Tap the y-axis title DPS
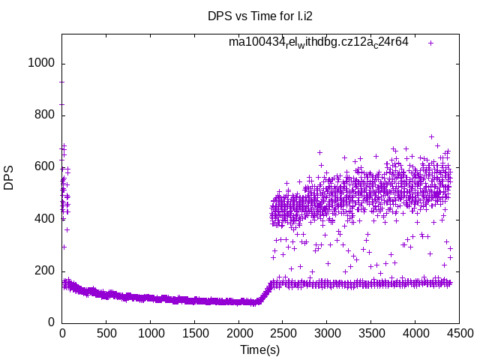9,178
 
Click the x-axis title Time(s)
260,349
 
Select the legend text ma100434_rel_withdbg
319,42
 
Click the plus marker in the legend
431,43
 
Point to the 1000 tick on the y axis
41,63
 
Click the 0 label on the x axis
62,332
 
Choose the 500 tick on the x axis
106,332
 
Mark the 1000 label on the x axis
150,332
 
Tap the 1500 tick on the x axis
194,332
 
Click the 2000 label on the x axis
238,332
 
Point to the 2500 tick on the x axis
283,332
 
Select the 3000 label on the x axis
327,332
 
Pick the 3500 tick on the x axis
371,332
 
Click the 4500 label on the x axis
459,332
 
